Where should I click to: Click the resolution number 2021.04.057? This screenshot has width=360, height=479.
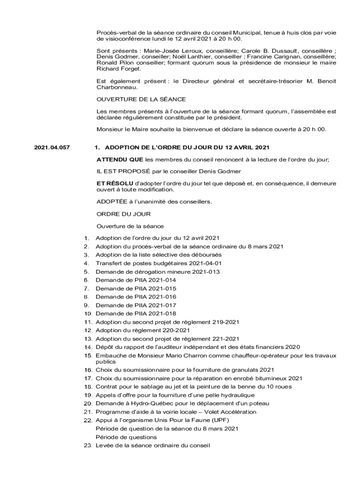click(52, 148)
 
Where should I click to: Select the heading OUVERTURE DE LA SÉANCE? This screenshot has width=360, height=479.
click(141, 99)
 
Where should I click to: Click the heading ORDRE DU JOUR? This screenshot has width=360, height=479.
click(123, 214)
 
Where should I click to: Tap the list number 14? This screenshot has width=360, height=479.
click(87, 347)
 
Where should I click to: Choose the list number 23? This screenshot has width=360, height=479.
click(87, 445)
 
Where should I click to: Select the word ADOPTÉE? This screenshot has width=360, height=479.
click(111, 202)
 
